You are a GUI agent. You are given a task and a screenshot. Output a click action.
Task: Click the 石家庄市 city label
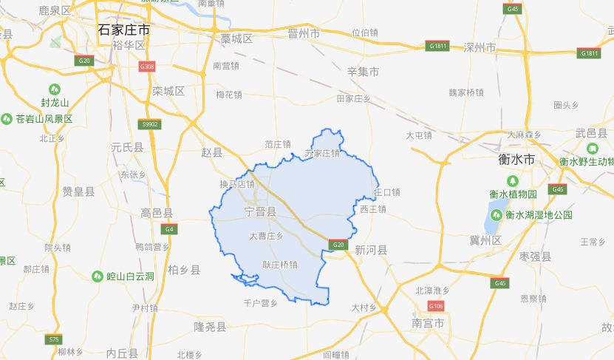point(124,30)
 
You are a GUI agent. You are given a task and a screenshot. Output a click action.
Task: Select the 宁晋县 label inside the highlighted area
point(260,212)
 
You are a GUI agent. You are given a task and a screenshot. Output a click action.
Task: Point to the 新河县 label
point(371,250)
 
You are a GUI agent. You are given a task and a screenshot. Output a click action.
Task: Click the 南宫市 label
point(429,324)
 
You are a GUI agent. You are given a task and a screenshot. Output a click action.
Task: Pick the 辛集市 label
point(363,72)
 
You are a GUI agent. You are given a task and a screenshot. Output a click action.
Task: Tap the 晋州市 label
point(304,33)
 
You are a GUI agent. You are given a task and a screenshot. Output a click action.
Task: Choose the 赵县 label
point(211,152)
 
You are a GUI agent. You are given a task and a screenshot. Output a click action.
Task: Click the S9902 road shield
point(150,124)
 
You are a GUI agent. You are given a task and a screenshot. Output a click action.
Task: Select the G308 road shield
point(148,67)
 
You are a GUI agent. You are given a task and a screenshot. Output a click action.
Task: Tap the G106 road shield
point(436,306)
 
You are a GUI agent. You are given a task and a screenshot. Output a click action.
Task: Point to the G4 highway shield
point(169,229)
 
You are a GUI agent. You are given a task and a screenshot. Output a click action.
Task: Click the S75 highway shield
point(53,339)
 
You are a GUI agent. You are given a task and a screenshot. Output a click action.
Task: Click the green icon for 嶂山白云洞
point(98,276)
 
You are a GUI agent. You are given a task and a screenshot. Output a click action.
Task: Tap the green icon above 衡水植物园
point(512,180)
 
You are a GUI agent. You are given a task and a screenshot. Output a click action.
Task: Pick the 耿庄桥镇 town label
point(280,264)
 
